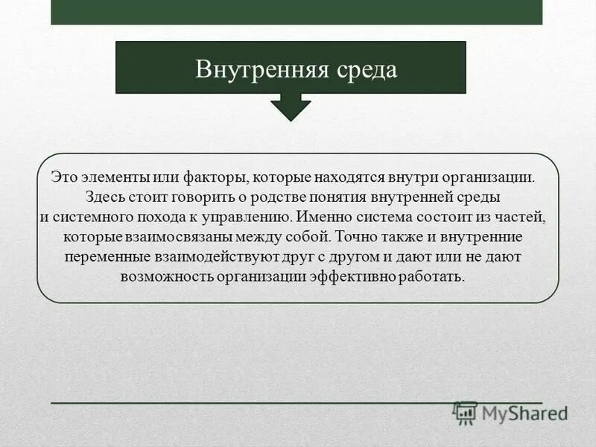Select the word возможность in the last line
(x=158, y=276)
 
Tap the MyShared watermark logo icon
(x=466, y=413)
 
